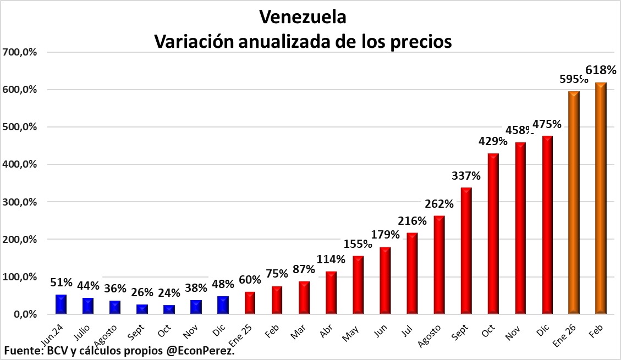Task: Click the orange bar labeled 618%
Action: [x=601, y=198]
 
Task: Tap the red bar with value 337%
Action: [x=466, y=251]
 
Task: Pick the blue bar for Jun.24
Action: [x=61, y=304]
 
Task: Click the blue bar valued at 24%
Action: [x=169, y=309]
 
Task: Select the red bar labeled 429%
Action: [x=493, y=234]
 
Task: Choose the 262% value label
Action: [x=439, y=204]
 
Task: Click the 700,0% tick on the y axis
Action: [x=19, y=52]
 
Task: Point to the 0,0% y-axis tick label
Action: [x=23, y=314]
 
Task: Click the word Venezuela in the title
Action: [x=303, y=17]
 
